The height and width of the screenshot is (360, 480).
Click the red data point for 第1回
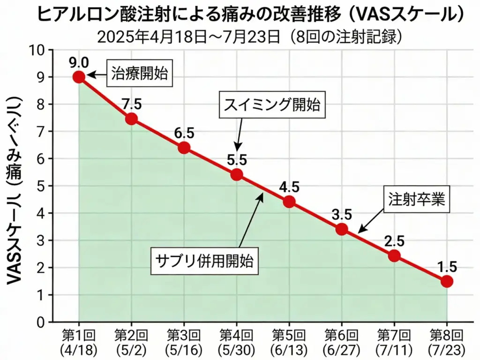point(79,77)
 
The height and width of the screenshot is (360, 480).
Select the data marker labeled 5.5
point(237,175)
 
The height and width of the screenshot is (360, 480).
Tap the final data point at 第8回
point(447,281)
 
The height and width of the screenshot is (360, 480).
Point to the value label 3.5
point(342,215)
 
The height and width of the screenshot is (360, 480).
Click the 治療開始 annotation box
point(139,74)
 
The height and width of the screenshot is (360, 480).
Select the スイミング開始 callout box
point(272,105)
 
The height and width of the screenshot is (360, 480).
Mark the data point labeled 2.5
point(394,256)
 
